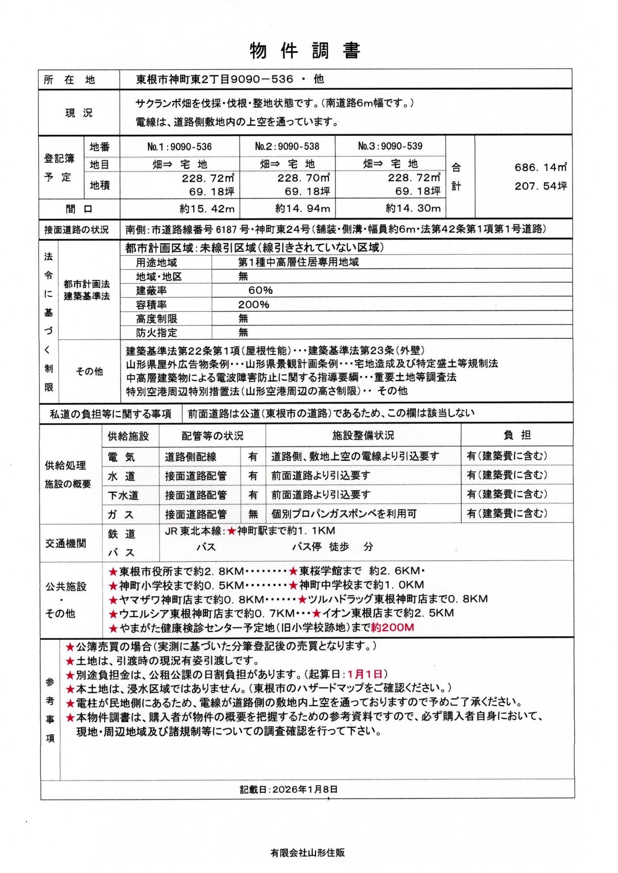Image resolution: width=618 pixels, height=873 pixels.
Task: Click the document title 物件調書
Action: pyautogui.click(x=305, y=51)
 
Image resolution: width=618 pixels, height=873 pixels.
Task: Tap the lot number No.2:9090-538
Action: pyautogui.click(x=287, y=147)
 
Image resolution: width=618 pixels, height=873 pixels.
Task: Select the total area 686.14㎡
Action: pyautogui.click(x=540, y=167)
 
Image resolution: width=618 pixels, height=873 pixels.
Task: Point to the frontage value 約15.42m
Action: pyautogui.click(x=207, y=209)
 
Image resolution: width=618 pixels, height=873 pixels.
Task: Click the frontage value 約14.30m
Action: pyautogui.click(x=413, y=209)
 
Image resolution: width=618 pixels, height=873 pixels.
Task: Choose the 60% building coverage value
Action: pyautogui.click(x=260, y=291)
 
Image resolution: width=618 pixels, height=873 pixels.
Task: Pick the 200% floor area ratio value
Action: pyautogui.click(x=253, y=305)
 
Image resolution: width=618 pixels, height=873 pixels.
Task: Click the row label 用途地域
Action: pyautogui.click(x=156, y=263)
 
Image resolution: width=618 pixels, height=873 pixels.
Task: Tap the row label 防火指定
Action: pyautogui.click(x=156, y=333)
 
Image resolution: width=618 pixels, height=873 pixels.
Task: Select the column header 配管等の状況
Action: pyautogui.click(x=212, y=436)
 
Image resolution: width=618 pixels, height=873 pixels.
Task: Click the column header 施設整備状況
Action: pyautogui.click(x=363, y=436)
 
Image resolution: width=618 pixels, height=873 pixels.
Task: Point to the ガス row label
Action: pyautogui.click(x=121, y=515)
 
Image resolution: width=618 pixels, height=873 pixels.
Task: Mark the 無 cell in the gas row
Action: pyautogui.click(x=253, y=514)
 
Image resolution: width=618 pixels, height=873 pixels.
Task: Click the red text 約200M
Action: pyautogui.click(x=392, y=628)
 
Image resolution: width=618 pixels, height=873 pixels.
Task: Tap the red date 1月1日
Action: pyautogui.click(x=365, y=674)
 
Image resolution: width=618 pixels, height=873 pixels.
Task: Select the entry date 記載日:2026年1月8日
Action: pyautogui.click(x=288, y=789)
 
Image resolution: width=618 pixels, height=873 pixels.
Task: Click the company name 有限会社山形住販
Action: pyautogui.click(x=307, y=852)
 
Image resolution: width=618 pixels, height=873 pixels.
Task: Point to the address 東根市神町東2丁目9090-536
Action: pyautogui.click(x=214, y=79)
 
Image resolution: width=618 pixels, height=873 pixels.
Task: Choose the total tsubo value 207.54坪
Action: pyautogui.click(x=540, y=186)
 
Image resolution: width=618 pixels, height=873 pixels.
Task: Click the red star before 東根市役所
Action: pyautogui.click(x=113, y=571)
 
